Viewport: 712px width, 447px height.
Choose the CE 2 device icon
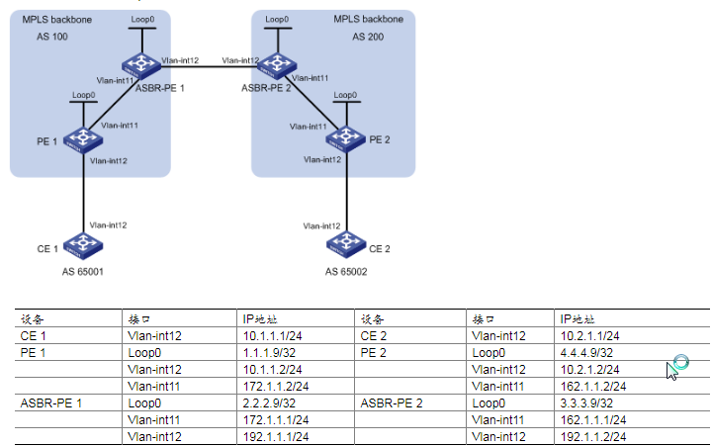(345, 243)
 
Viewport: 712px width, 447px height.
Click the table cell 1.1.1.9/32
(271, 352)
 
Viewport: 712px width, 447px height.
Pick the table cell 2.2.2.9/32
(271, 402)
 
